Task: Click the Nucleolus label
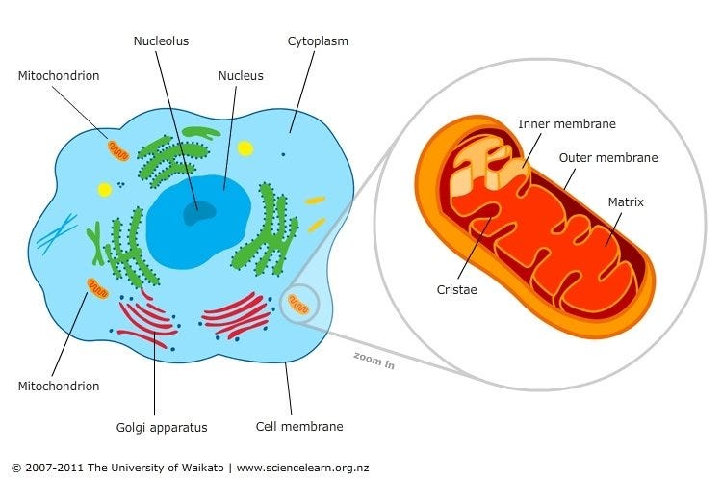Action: (x=161, y=41)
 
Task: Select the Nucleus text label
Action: (x=241, y=75)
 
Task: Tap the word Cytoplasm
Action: (x=318, y=41)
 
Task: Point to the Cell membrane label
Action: (x=299, y=426)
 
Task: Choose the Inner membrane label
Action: (x=567, y=124)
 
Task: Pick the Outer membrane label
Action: (x=608, y=157)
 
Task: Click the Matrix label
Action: (x=626, y=202)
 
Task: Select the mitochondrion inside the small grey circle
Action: (x=299, y=307)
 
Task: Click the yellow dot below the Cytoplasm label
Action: (x=246, y=148)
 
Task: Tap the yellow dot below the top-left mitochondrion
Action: (x=104, y=190)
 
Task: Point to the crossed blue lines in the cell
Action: (x=58, y=232)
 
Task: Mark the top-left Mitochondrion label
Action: (x=59, y=75)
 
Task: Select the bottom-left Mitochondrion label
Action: (x=59, y=386)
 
